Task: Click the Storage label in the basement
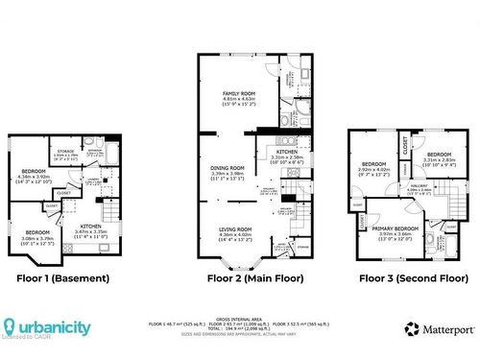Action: tap(65, 151)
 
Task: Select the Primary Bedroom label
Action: tap(388, 229)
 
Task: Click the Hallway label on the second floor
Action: tap(420, 186)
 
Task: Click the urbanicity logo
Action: tap(47, 327)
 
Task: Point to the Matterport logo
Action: tap(439, 328)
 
